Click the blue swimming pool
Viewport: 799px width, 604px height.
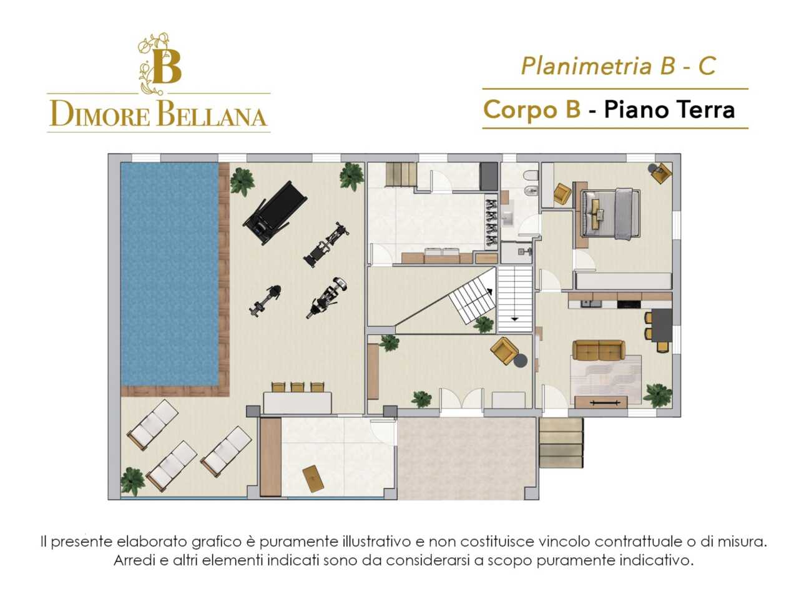pyautogui.click(x=170, y=273)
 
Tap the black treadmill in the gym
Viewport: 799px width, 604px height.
pyautogui.click(x=275, y=213)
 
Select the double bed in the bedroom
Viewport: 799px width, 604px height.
pyautogui.click(x=609, y=214)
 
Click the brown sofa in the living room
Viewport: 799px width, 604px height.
pyautogui.click(x=599, y=350)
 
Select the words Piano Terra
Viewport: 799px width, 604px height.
pyautogui.click(x=669, y=109)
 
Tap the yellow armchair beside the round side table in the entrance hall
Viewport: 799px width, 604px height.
pyautogui.click(x=504, y=350)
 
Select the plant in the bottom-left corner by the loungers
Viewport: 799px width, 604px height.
pyautogui.click(x=132, y=480)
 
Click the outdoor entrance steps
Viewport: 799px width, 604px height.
pyautogui.click(x=561, y=443)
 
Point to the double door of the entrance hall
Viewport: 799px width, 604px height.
pyautogui.click(x=461, y=399)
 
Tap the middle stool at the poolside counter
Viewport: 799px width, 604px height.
pyautogui.click(x=297, y=387)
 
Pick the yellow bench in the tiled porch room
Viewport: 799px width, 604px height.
pyautogui.click(x=313, y=478)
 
